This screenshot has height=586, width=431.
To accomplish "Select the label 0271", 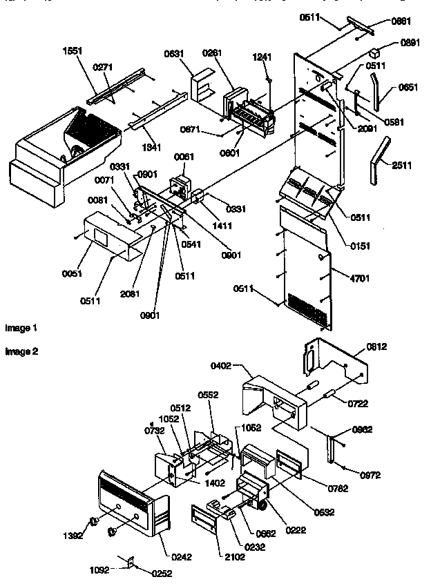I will (103, 67).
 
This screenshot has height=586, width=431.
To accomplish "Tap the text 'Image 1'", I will (21, 328).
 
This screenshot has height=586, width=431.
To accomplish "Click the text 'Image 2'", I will (21, 351).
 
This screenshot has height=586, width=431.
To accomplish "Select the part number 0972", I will (370, 475).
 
